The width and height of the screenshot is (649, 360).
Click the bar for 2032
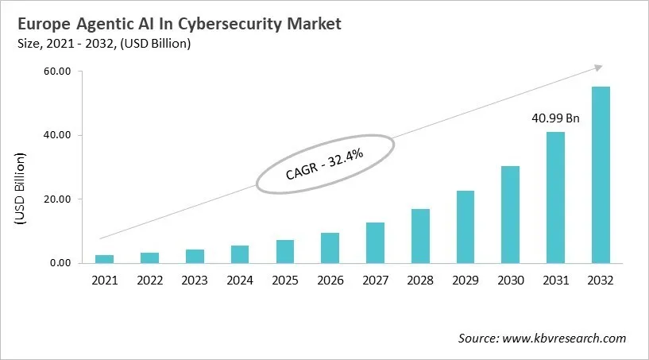point(601,175)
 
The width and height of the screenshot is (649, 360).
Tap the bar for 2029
point(465,226)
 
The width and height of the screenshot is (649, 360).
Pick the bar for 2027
point(375,242)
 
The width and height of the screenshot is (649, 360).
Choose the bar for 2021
point(104,258)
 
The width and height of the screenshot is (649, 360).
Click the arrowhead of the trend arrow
point(598,68)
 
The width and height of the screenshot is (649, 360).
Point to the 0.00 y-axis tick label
point(60,263)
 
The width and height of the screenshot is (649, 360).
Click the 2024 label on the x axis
point(239,280)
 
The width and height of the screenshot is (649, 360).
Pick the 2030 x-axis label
point(510,280)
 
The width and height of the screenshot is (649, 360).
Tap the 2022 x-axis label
point(149,280)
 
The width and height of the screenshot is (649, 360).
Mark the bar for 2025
point(284,251)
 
